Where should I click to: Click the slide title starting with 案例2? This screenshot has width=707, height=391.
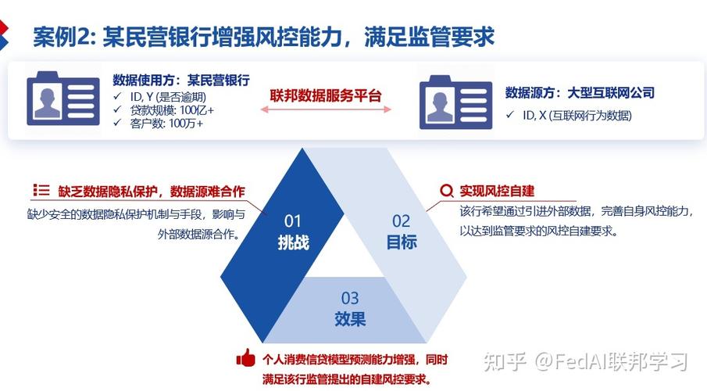pyautogui.click(x=264, y=36)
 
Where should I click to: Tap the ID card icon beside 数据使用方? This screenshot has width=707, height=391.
pyautogui.click(x=63, y=99)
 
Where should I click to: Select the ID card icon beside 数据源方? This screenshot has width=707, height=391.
pyautogui.click(x=456, y=102)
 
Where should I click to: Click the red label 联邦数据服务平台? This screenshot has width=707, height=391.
pyautogui.click(x=326, y=95)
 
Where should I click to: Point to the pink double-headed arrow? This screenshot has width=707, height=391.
pyautogui.click(x=326, y=109)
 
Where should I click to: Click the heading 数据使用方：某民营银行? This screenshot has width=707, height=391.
pyautogui.click(x=181, y=81)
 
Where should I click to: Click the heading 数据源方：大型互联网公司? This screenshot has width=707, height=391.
pyautogui.click(x=580, y=93)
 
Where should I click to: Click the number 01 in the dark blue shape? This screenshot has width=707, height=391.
pyautogui.click(x=293, y=221)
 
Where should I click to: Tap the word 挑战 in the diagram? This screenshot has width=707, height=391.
pyautogui.click(x=293, y=242)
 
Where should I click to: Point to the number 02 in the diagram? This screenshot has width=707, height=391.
pyautogui.click(x=401, y=221)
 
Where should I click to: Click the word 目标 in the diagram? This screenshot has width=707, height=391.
pyautogui.click(x=402, y=242)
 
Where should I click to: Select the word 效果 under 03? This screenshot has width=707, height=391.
pyautogui.click(x=350, y=319)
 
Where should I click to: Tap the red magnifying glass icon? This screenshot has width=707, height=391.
pyautogui.click(x=446, y=191)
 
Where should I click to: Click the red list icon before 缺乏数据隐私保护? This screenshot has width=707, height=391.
pyautogui.click(x=41, y=190)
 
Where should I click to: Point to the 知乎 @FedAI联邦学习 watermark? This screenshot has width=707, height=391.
pyautogui.click(x=586, y=361)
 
